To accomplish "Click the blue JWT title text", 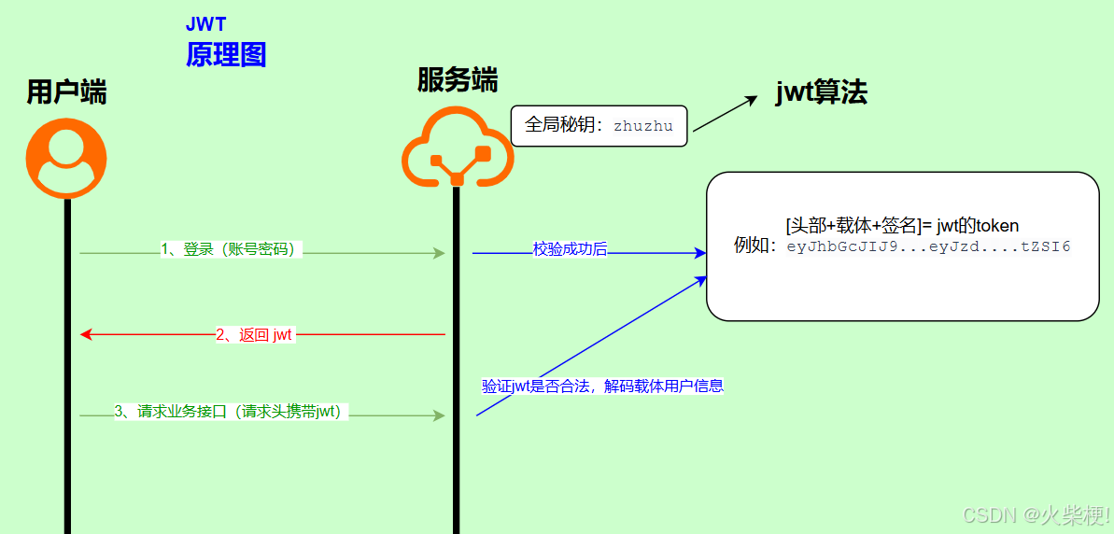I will tap(205, 24).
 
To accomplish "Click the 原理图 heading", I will tap(226, 55).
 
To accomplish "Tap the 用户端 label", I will tap(66, 92).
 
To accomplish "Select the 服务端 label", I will tap(457, 80).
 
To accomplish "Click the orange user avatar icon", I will tap(66, 158).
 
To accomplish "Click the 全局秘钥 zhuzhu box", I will tap(599, 126).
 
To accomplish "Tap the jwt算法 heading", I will tap(821, 91).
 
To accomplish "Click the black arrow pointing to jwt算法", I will tap(725, 114).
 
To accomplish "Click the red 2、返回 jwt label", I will tap(254, 335).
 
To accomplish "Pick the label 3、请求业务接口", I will tap(230, 412).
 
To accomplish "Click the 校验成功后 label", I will tap(570, 249).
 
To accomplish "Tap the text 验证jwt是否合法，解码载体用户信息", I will tap(602, 386).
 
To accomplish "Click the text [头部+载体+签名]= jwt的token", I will tap(901, 225).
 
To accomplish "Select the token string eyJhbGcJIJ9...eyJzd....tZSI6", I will tap(928, 247).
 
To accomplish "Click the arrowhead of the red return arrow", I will tap(86, 334).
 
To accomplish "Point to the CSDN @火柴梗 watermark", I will tap(1036, 514).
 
